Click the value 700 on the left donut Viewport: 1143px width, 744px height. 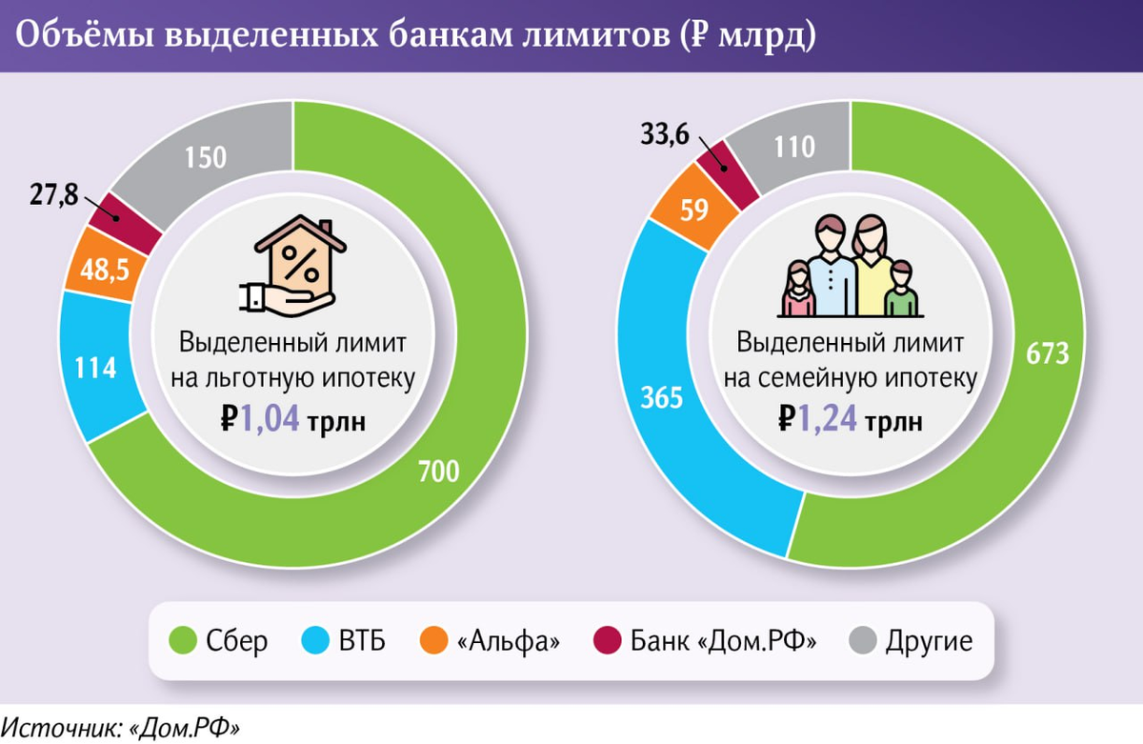[438, 471]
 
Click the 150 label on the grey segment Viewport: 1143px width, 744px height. [206, 157]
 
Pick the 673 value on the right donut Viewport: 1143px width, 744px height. [1048, 352]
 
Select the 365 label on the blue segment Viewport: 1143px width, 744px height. [662, 397]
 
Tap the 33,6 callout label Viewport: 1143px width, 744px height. [665, 136]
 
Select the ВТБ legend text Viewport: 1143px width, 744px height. [362, 641]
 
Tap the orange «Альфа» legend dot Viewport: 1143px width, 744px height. [433, 641]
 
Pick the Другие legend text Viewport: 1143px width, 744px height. [929, 641]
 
